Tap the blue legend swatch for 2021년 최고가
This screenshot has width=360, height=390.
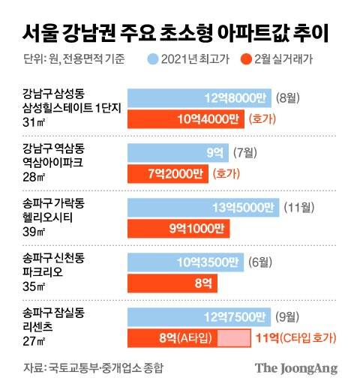click(x=153, y=58)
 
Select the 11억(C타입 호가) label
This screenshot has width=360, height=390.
click(x=296, y=337)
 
